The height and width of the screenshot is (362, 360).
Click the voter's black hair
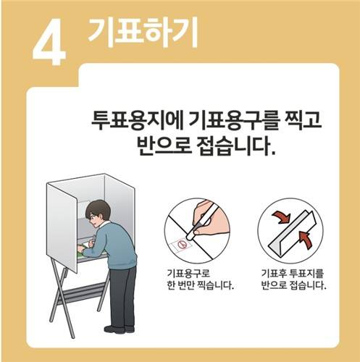click(x=96, y=212)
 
